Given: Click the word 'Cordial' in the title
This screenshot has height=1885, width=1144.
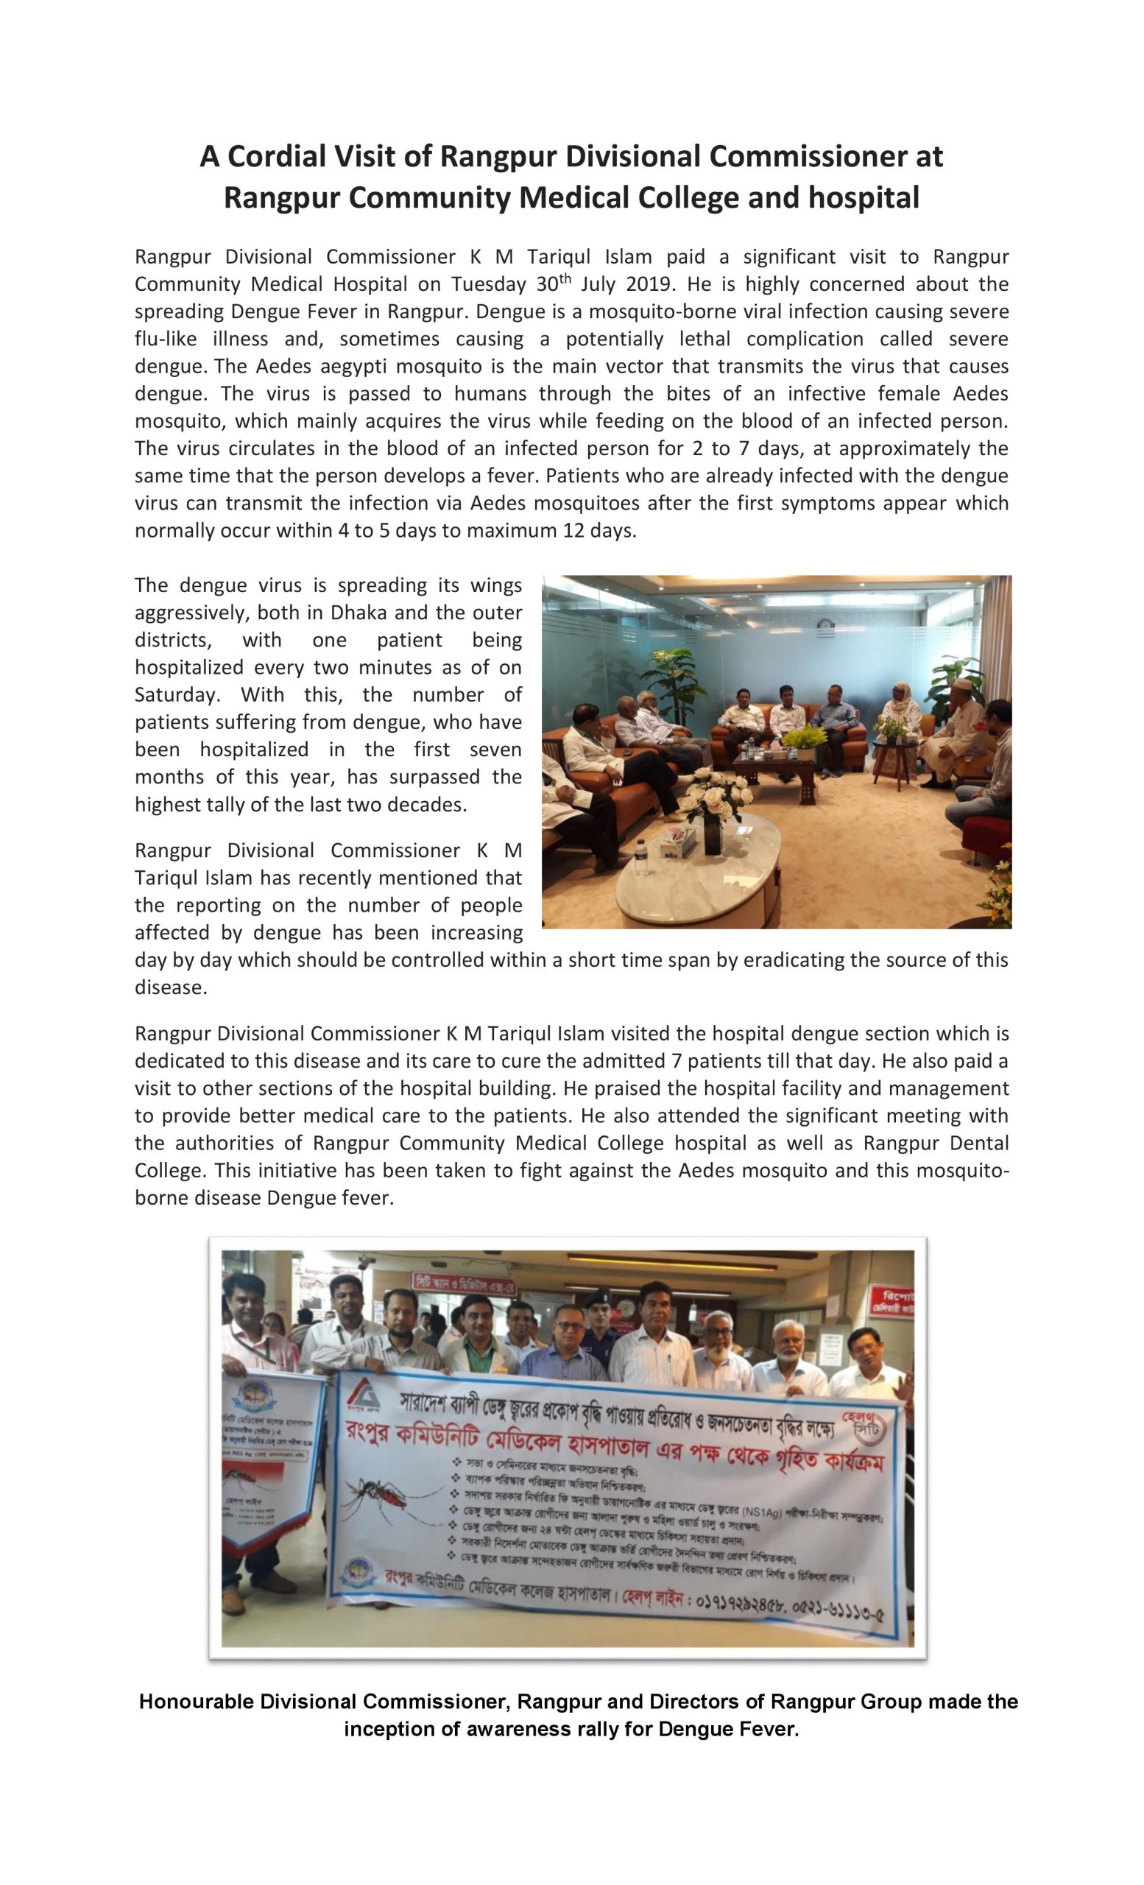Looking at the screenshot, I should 277,156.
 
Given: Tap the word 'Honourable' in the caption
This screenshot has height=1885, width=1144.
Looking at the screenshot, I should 195,1702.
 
